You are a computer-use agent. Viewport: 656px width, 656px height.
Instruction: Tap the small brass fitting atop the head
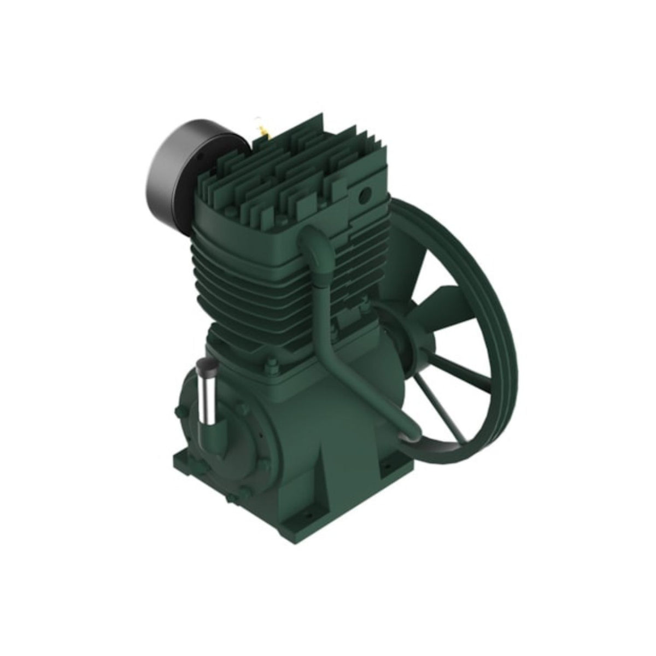263,132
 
